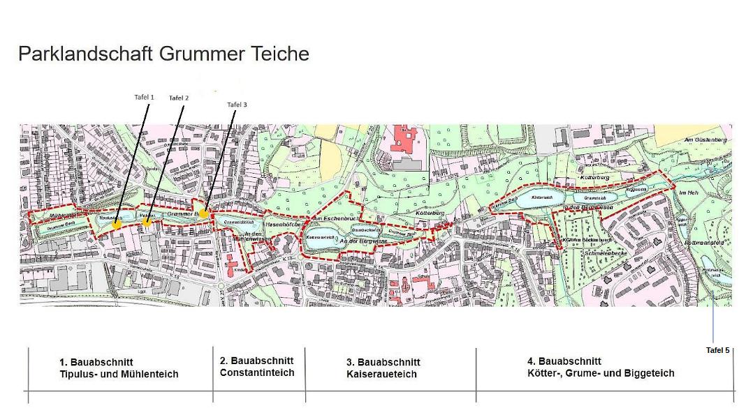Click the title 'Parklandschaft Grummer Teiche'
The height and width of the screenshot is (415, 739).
coord(163,54)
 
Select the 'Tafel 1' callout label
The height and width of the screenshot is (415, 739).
coord(144,98)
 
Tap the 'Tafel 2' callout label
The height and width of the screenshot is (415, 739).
coord(179,98)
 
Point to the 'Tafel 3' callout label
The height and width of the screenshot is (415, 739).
coord(237,105)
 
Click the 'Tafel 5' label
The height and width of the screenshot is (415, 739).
coord(717,350)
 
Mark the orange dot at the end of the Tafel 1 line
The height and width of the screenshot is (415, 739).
coord(117,225)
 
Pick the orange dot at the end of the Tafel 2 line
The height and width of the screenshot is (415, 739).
coord(147,222)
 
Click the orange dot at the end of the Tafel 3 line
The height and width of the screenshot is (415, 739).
coord(203,213)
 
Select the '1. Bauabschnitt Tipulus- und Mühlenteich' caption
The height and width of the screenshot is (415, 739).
coord(119,368)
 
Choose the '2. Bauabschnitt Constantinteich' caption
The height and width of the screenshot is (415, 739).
coord(256,367)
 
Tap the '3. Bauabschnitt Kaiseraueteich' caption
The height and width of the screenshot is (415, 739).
coord(383,368)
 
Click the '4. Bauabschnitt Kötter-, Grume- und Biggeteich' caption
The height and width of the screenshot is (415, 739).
coord(600,367)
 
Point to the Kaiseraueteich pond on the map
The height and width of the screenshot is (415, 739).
coord(322,239)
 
